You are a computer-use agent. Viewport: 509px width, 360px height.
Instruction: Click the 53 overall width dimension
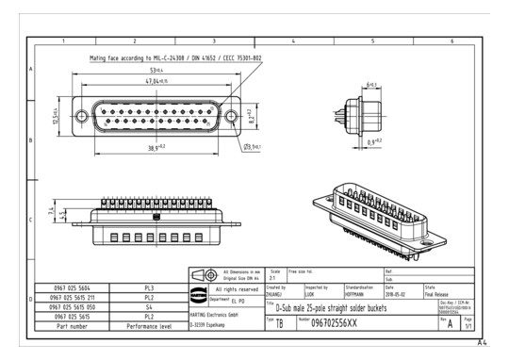(154, 70)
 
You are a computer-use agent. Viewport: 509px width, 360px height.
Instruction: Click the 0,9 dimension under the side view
(374, 141)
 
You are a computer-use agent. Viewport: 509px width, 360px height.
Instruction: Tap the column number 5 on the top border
(374, 41)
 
